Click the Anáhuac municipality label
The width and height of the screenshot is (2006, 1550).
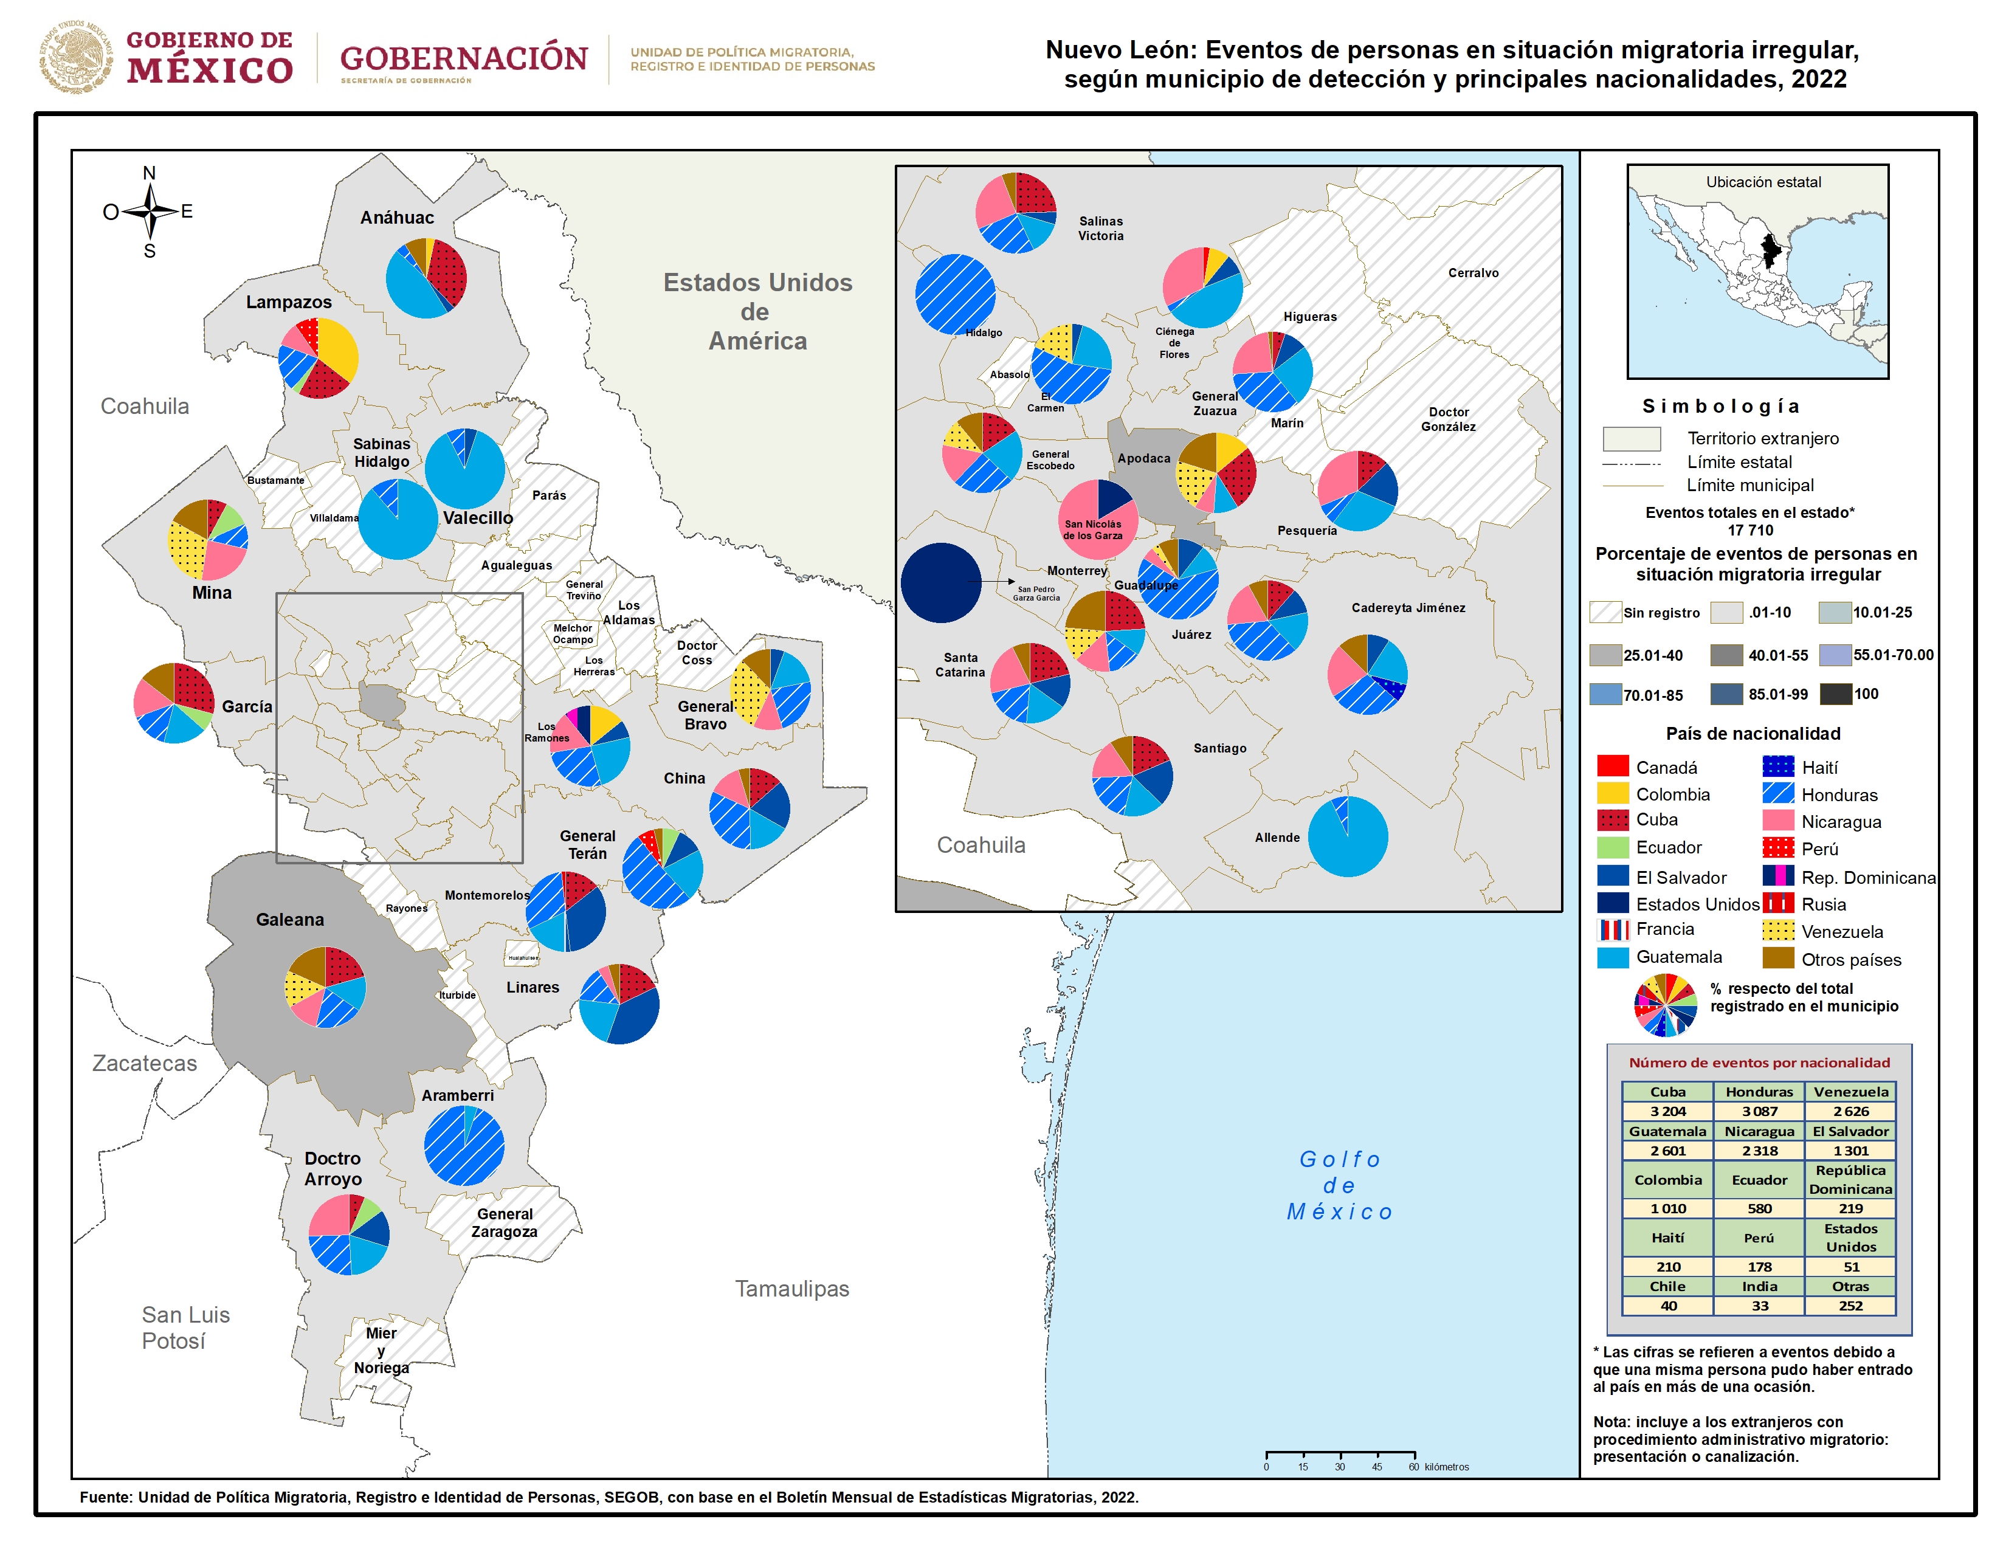coord(397,218)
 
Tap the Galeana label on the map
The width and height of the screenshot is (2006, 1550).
coord(289,919)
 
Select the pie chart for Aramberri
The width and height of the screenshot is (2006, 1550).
coord(464,1145)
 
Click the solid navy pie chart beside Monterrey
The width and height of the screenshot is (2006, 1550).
coord(940,582)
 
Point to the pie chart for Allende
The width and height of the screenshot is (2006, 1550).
coord(1348,836)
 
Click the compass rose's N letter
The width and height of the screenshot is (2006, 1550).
coord(149,173)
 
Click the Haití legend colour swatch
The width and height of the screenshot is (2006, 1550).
coord(1778,766)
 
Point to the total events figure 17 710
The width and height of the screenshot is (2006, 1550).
coord(1749,530)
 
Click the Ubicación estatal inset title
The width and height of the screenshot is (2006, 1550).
coord(1763,182)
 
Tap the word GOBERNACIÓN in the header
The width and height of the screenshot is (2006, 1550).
coord(464,58)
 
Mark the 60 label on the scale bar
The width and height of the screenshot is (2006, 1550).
coord(1413,1467)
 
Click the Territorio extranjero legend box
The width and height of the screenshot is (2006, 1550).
coord(1632,438)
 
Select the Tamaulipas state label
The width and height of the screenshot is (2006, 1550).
coord(791,1288)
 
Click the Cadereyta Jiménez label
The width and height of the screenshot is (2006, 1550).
coord(1408,608)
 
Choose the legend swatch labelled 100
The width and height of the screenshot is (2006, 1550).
coord(1836,694)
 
